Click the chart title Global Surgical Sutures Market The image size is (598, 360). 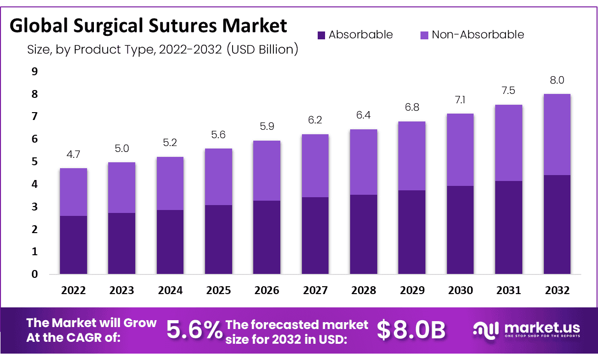click(148, 26)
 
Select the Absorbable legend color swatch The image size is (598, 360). click(321, 35)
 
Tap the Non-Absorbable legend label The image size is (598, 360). click(478, 35)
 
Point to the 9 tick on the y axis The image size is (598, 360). click(34, 72)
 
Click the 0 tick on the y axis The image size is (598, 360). click(34, 274)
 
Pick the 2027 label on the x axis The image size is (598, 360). click(315, 290)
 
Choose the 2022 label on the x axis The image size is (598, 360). click(73, 290)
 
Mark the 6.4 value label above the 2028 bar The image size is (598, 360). click(363, 117)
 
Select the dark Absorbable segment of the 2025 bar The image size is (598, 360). click(218, 240)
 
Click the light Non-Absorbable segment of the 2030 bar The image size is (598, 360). click(460, 150)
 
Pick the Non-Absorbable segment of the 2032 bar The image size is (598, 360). click(557, 134)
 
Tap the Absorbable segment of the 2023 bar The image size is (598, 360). click(121, 243)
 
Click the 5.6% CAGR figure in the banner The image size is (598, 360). click(194, 330)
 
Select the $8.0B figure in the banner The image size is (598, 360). click(411, 330)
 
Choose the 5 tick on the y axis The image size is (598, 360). click(34, 162)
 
